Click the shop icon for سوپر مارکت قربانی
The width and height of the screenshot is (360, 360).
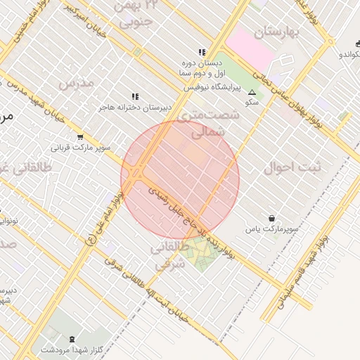click(79, 137)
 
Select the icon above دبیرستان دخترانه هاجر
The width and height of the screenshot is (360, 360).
click(134, 96)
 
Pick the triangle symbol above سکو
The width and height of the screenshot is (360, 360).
click(252, 91)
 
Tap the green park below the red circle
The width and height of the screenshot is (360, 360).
click(200, 253)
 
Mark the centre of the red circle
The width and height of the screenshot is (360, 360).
click(180, 179)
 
